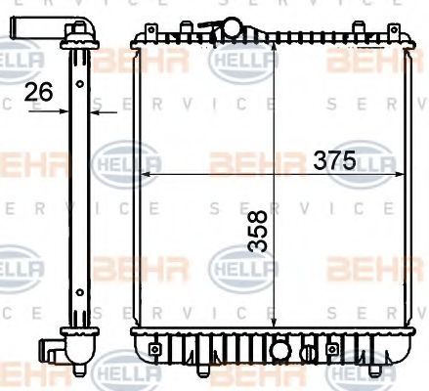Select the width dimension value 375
coord(334,160)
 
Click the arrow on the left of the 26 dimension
coord(61,111)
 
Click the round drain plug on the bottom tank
coord(279,346)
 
